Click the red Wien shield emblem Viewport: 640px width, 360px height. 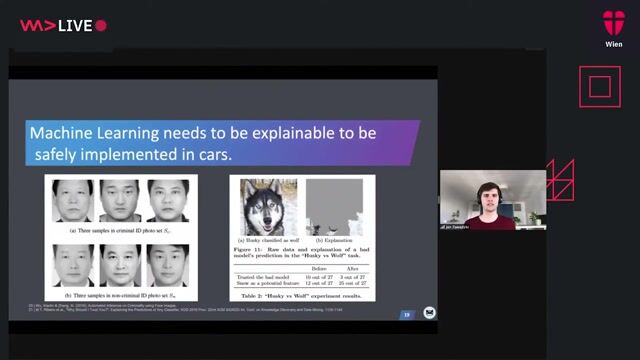pos(614,22)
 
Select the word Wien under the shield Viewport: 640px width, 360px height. pos(614,45)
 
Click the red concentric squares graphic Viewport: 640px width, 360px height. pos(600,87)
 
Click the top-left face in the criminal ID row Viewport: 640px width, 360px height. pos(72,201)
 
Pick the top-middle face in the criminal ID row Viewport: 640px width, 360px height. pos(121,201)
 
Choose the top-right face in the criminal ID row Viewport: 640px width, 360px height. pos(167,201)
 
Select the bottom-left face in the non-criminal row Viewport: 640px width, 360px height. pos(72,264)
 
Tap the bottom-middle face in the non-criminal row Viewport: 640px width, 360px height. pos(121,264)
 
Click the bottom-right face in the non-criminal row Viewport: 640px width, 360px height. pos(167,264)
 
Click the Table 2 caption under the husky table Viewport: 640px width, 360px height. pos(302,297)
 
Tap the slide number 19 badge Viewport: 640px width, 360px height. pos(407,314)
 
